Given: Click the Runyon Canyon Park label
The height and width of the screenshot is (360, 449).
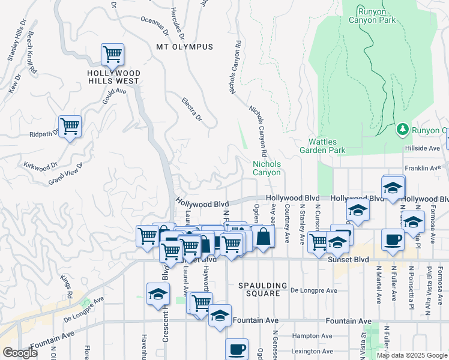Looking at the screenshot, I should [x=376, y=16].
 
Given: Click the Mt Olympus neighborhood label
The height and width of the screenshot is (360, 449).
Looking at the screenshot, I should [x=184, y=47].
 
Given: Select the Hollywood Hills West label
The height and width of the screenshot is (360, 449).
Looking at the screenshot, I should [x=113, y=77].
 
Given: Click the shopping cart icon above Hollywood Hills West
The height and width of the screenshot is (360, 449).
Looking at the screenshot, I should [x=112, y=55].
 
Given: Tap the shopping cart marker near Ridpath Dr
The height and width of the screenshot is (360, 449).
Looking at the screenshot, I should [x=70, y=127].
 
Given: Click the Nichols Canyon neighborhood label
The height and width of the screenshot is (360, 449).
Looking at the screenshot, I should [x=267, y=168].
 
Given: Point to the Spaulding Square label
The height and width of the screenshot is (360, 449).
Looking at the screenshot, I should [x=259, y=289].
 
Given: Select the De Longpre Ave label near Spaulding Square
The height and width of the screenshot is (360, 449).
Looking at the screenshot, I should [x=313, y=290].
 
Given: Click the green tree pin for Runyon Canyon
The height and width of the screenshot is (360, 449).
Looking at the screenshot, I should [x=403, y=130].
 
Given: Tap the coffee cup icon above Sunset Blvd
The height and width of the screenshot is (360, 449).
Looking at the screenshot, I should [x=393, y=239].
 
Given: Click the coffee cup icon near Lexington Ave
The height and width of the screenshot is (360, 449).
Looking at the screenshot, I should [x=237, y=349].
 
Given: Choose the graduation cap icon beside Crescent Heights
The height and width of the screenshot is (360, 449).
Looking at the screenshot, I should [x=158, y=294].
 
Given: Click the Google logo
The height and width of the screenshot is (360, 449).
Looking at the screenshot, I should [x=20, y=353].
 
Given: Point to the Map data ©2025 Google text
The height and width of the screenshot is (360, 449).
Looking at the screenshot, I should [x=411, y=355].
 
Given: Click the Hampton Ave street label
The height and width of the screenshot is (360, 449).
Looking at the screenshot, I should [x=312, y=336].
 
